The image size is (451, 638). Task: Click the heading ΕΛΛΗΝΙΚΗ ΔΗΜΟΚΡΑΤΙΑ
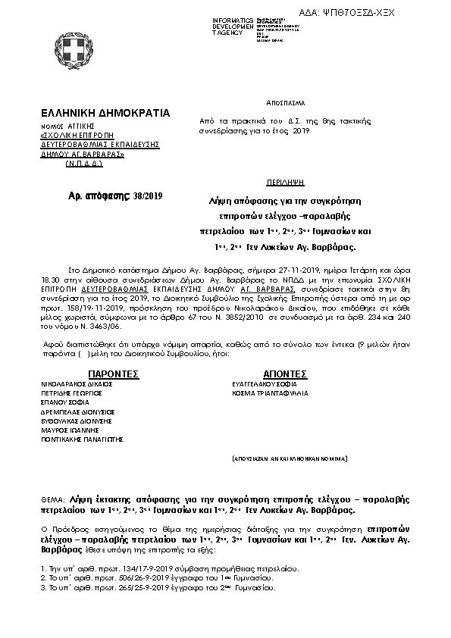(106, 113)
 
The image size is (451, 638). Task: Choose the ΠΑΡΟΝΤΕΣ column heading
(113, 374)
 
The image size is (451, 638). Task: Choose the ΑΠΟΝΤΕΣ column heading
(284, 374)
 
